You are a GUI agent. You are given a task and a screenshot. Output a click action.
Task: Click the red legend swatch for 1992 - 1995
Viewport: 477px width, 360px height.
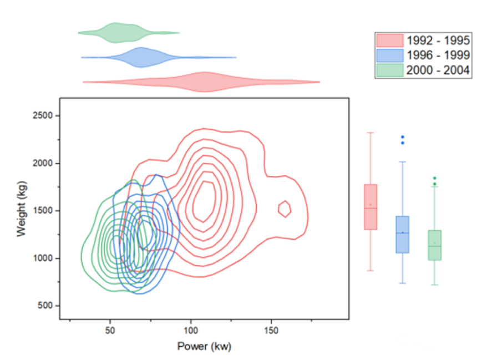tap(390, 40)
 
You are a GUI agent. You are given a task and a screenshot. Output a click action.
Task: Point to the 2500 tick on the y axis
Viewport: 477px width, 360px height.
tap(43, 116)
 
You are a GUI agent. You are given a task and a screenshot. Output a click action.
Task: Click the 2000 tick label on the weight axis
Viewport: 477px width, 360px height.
tap(43, 164)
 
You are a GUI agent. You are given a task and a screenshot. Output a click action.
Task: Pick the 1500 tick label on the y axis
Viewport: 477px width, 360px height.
tap(43, 211)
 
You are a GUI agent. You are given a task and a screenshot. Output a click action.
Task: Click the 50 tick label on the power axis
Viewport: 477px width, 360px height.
tap(110, 331)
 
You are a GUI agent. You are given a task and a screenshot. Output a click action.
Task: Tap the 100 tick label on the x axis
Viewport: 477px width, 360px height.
tap(191, 331)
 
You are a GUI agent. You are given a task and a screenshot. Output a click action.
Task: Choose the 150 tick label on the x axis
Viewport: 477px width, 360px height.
tap(271, 331)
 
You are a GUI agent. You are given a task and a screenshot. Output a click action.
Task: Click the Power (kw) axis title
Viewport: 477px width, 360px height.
tap(204, 347)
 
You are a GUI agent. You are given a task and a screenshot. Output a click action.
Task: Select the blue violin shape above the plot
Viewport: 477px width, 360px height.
tap(142, 57)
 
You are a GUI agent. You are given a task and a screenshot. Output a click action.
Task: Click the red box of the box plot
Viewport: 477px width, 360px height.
tap(370, 206)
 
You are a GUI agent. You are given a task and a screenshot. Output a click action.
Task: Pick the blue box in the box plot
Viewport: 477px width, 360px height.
tap(402, 234)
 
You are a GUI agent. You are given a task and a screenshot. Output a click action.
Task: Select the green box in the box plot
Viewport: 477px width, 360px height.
tap(434, 245)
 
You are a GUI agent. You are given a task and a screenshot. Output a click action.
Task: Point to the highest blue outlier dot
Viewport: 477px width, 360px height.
tap(403, 137)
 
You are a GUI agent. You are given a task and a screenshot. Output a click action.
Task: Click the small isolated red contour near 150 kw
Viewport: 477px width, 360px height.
tap(284, 209)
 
